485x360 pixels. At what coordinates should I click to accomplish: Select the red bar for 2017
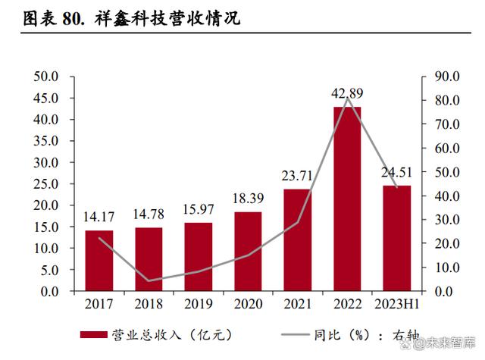tap(99, 261)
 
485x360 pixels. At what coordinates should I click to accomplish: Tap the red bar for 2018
tap(149, 259)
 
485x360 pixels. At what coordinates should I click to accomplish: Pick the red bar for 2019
tap(199, 257)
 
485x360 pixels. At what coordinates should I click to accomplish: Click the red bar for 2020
tap(249, 252)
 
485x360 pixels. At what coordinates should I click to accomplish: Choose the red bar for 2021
tap(298, 240)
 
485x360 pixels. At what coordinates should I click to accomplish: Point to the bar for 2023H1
tap(396, 239)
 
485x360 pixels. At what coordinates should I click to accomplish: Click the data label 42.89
tap(348, 93)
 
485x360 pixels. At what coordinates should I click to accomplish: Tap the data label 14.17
tap(99, 221)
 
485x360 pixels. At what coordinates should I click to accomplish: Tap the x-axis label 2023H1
tap(397, 304)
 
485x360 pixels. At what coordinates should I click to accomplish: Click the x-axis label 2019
tap(199, 304)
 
